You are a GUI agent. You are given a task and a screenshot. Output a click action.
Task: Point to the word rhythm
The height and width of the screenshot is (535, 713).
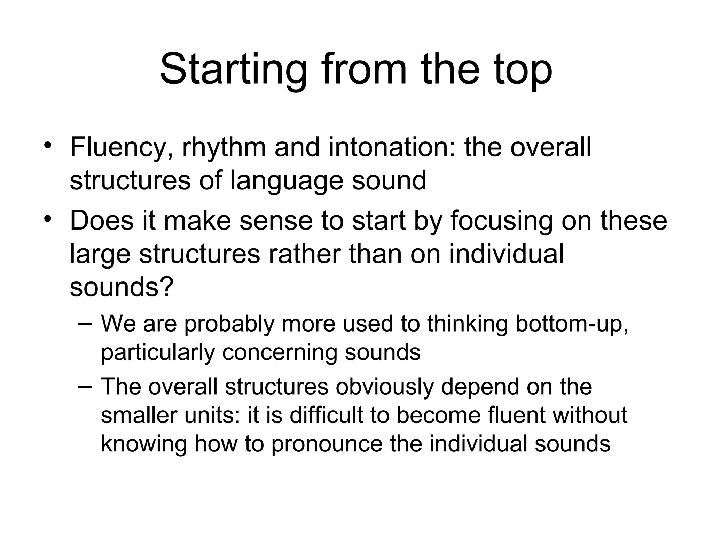pyautogui.click(x=224, y=148)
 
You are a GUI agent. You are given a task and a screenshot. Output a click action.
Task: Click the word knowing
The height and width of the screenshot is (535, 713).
pyautogui.click(x=144, y=444)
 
